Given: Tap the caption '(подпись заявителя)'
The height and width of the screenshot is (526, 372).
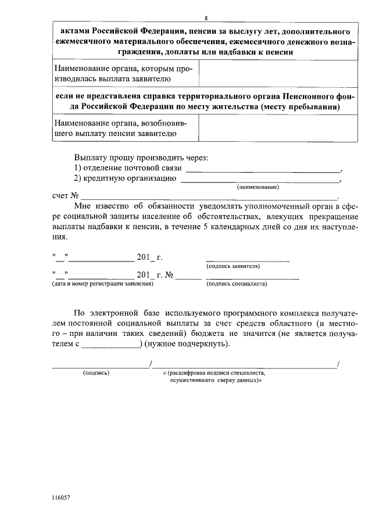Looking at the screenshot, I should pos(233,266).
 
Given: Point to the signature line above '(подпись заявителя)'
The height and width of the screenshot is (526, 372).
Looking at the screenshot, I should pos(247,260).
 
